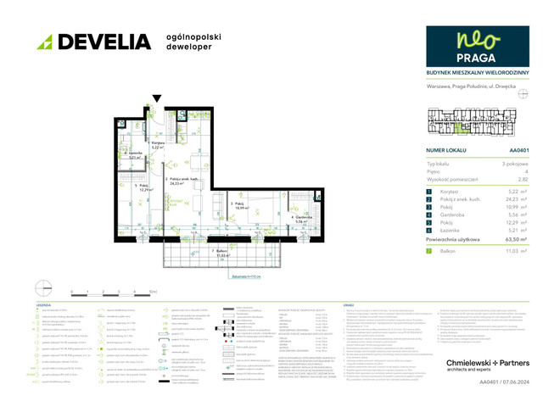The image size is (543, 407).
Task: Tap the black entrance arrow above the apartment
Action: (x=154, y=100)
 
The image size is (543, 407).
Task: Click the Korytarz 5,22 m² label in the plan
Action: (x=158, y=145)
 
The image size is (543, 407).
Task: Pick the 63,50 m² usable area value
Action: (x=506, y=240)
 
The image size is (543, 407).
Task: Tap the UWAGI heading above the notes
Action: (x=347, y=304)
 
